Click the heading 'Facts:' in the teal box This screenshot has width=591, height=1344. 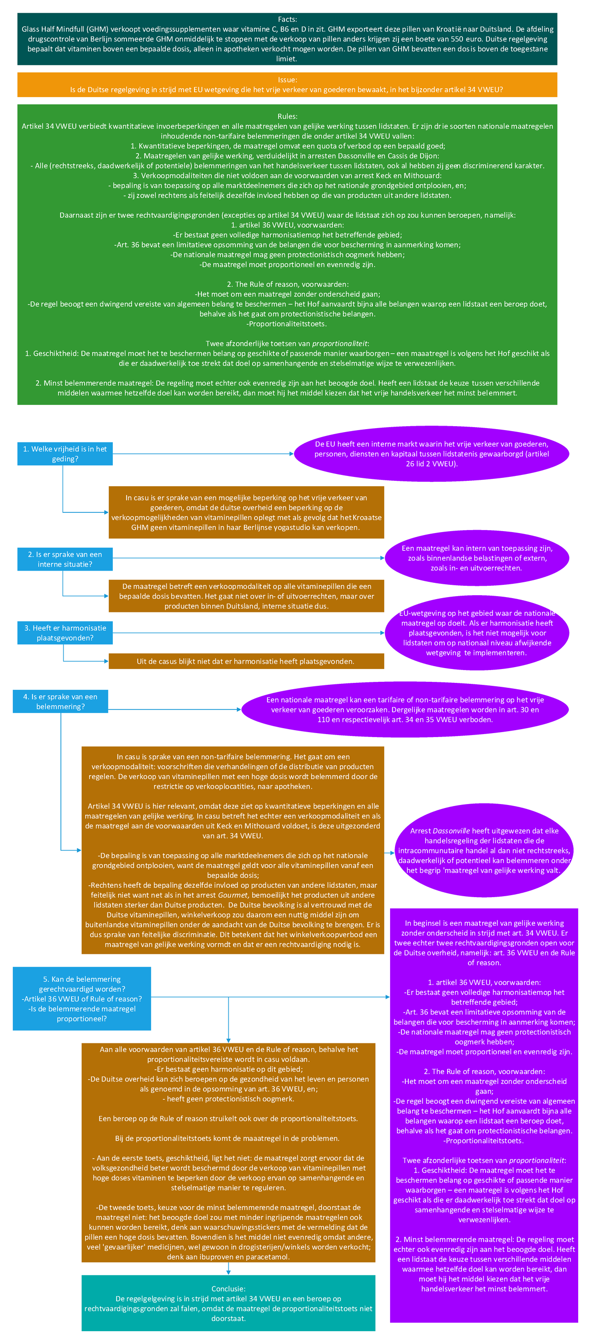[287, 19]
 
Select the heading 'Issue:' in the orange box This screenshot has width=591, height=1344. [287, 80]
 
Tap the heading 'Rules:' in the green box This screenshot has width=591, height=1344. [287, 116]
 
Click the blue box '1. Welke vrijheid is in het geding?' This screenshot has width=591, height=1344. [65, 454]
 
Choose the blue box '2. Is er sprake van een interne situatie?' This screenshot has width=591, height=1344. [65, 559]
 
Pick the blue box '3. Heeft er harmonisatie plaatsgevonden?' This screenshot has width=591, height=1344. [65, 633]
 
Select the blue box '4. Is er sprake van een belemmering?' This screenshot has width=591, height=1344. [60, 702]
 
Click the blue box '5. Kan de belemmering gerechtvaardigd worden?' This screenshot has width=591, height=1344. [81, 999]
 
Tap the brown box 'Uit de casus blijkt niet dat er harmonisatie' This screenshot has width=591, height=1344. [246, 662]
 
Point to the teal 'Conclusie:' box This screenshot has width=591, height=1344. [228, 1303]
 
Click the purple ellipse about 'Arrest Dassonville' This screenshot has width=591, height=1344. [484, 850]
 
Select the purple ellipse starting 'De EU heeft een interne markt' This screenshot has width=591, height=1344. [431, 454]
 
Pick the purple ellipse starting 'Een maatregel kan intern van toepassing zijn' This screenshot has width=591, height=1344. [477, 558]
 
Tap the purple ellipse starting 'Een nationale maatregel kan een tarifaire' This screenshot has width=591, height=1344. [405, 709]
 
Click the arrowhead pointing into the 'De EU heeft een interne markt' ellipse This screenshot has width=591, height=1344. [292, 454]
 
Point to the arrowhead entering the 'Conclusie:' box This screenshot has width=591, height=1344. [229, 1273]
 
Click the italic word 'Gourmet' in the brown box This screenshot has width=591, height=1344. [232, 895]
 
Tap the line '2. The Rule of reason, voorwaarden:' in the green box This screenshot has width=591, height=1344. [287, 284]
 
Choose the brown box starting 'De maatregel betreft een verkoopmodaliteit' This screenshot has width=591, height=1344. [246, 596]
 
